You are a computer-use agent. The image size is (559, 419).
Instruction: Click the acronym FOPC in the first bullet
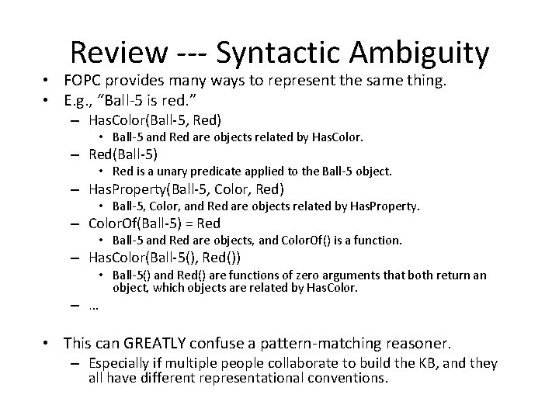tap(84, 83)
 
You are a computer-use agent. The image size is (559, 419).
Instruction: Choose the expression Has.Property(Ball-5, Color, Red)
tap(187, 189)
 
